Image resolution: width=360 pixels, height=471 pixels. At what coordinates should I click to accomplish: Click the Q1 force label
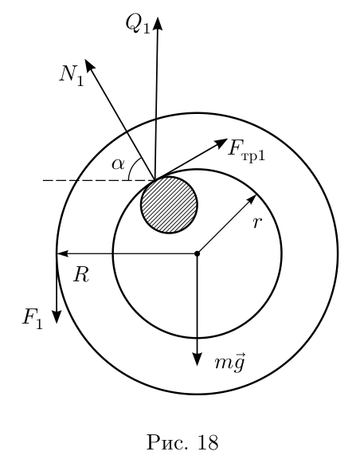137,24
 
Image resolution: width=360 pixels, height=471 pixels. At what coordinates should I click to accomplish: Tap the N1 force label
72,77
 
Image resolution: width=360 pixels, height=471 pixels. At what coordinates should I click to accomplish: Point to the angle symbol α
118,165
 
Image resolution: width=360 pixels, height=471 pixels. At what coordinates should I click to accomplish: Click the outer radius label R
81,275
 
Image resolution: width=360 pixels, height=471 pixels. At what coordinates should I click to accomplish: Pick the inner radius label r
257,223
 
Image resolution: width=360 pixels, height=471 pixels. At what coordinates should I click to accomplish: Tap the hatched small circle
169,205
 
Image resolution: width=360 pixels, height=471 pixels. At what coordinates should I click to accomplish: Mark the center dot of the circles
197,253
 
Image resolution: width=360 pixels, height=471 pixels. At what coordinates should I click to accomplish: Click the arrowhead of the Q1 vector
158,23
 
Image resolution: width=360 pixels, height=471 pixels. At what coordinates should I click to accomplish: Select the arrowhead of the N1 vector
89,65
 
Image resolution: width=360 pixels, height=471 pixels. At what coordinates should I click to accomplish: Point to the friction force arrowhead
221,143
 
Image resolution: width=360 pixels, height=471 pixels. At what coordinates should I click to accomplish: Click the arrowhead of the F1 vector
57,316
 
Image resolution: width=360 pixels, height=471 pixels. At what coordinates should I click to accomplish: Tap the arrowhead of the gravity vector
197,359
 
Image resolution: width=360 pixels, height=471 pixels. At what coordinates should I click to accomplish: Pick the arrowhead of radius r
252,199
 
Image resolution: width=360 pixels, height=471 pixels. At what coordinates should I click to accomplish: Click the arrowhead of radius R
62,253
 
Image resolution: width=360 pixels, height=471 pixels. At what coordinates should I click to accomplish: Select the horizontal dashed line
99,180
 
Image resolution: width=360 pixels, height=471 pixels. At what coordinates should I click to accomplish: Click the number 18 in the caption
208,442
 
